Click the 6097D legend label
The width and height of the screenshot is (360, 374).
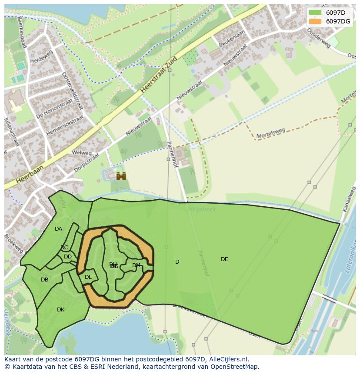(x=336, y=13)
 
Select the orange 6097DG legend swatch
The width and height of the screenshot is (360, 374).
(x=315, y=21)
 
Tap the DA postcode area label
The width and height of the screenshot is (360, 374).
(x=58, y=229)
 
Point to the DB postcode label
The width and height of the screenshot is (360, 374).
(x=44, y=280)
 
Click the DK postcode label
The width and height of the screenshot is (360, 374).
(x=60, y=310)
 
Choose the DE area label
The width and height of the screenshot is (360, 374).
(x=224, y=259)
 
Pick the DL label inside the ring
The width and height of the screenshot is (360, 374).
(x=88, y=277)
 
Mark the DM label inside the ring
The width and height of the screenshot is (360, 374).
(x=136, y=265)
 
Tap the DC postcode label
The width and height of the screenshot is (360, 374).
(x=64, y=248)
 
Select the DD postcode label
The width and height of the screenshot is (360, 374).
(x=68, y=257)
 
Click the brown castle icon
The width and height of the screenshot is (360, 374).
(x=121, y=176)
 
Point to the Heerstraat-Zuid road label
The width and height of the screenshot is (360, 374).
(x=159, y=75)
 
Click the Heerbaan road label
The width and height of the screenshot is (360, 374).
(x=30, y=173)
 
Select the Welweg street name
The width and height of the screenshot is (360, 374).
(x=82, y=153)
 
